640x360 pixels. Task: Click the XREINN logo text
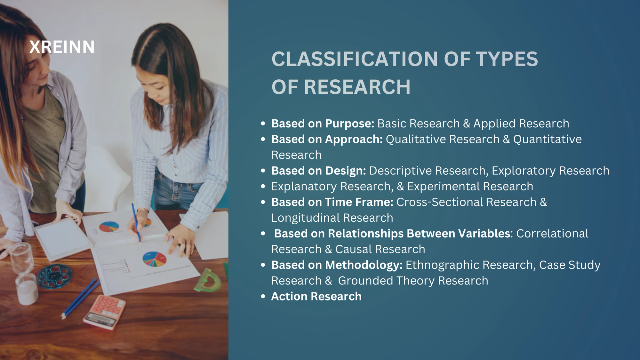click(x=62, y=47)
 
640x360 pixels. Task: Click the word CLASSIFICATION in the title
click(x=354, y=59)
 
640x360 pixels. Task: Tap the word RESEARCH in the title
click(x=357, y=87)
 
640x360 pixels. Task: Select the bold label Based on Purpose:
click(x=323, y=124)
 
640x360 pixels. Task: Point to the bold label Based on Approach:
click(x=327, y=139)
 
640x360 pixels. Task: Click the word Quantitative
click(x=547, y=139)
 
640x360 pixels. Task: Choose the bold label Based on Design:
click(x=318, y=171)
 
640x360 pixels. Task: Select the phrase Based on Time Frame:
click(x=332, y=202)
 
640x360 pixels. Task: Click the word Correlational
click(x=552, y=234)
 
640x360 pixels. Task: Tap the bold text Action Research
click(x=316, y=296)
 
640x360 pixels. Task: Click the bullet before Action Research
click(x=263, y=296)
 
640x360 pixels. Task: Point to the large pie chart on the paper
click(x=154, y=259)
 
